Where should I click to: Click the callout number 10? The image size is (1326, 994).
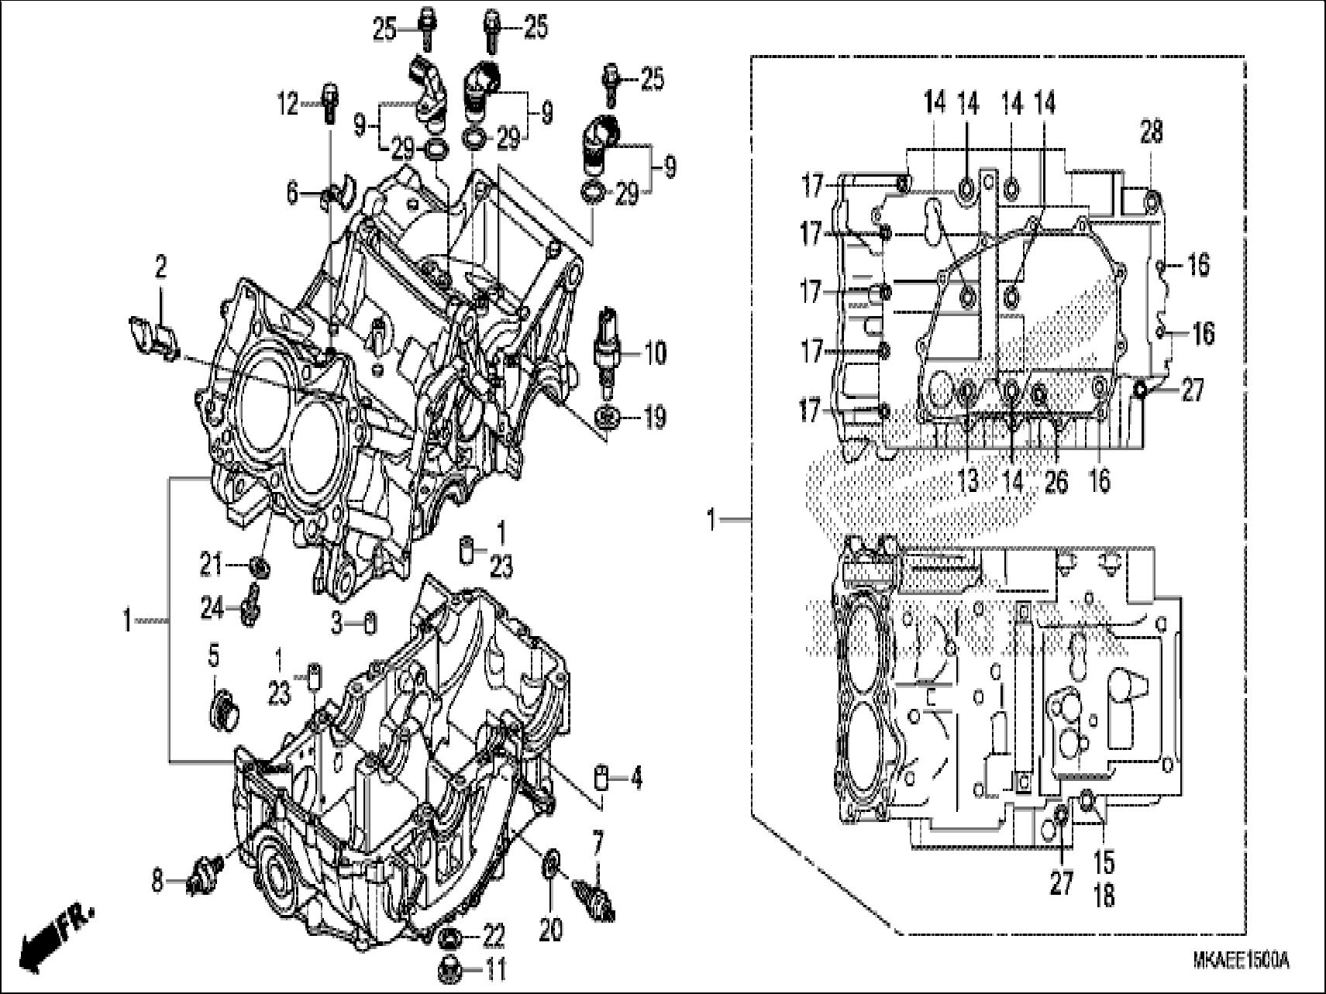point(656,353)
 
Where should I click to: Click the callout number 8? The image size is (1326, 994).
point(157,882)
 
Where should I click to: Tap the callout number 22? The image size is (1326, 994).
point(494,934)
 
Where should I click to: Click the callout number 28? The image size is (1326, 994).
point(1151,132)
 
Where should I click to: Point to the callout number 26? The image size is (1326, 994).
point(1056,482)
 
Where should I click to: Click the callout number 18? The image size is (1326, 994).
point(1104,896)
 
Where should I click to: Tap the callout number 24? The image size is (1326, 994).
point(211,609)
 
